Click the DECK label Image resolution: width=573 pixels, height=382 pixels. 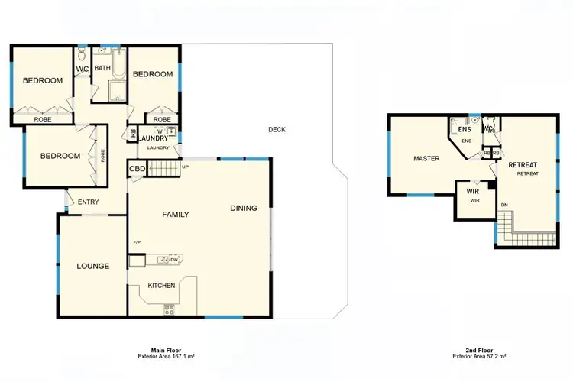tap(277, 130)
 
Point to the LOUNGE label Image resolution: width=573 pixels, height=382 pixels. tap(92, 267)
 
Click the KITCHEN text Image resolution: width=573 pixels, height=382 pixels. tap(161, 286)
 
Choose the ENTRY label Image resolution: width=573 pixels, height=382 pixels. tap(88, 202)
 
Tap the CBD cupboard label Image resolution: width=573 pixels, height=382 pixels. tap(138, 169)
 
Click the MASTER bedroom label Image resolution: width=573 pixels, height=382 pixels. tap(426, 159)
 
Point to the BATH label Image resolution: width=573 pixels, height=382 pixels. tap(102, 68)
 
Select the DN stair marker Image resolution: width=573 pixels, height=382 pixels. tap(504, 205)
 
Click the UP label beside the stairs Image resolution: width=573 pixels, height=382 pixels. tap(185, 167)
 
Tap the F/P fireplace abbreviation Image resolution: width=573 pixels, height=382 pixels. tap(137, 242)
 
